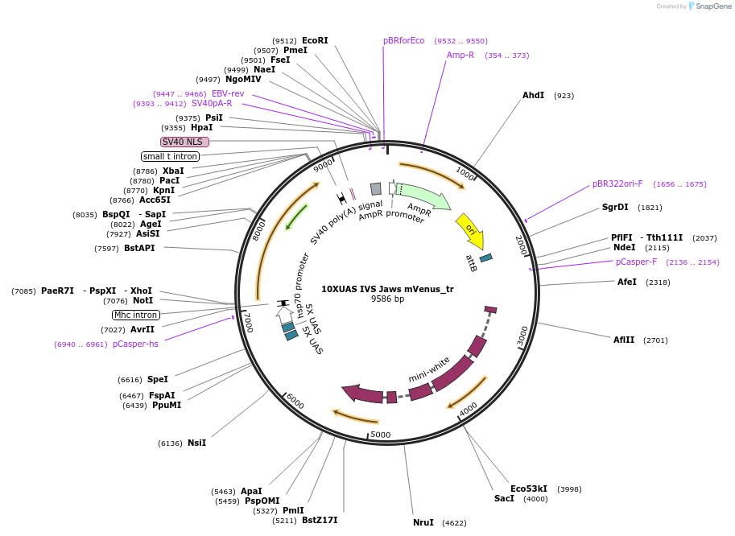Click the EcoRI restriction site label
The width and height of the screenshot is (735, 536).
click(315, 40)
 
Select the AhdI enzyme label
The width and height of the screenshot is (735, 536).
click(533, 95)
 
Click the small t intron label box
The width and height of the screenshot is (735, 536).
click(170, 156)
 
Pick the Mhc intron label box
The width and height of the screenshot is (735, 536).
click(136, 315)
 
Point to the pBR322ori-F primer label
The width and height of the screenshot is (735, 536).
click(617, 183)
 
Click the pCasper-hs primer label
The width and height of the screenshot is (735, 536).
click(135, 344)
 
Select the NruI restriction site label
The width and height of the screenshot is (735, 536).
click(423, 522)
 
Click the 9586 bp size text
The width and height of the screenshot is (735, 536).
click(387, 299)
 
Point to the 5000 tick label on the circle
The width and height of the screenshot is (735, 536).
click(380, 435)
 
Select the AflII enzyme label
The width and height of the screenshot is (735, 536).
click(624, 340)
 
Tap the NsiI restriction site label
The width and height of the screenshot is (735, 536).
click(196, 443)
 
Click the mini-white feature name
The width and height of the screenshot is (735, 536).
click(429, 369)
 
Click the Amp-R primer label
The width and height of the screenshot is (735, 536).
click(460, 55)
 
